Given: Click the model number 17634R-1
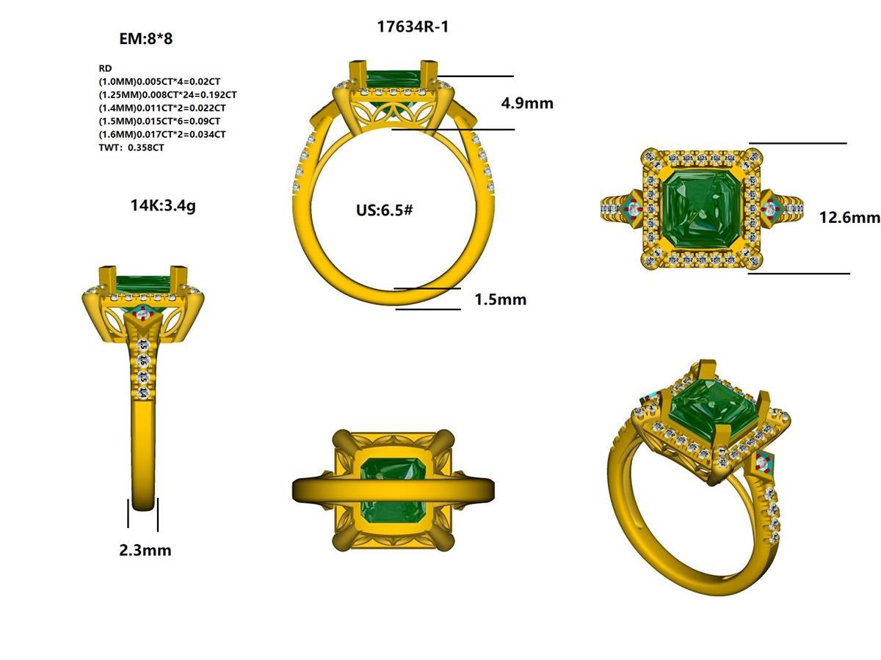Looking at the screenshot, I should [x=412, y=27].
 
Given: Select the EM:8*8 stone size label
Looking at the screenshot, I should [x=145, y=39].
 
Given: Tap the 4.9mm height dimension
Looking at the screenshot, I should [x=526, y=103].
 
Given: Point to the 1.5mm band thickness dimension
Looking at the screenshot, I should [x=500, y=299].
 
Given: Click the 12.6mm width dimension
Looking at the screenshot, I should [x=849, y=217].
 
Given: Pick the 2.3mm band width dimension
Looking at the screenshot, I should [x=145, y=550].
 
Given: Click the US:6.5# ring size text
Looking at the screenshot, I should [x=384, y=210].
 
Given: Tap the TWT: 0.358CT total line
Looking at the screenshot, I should [x=131, y=147].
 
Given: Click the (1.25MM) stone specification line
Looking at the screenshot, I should [x=167, y=95].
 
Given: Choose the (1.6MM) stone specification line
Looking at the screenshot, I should [x=162, y=134].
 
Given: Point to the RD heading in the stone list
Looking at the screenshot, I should [x=105, y=68].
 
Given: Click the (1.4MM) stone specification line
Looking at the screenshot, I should [x=162, y=108].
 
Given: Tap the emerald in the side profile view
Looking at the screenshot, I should [x=143, y=282].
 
